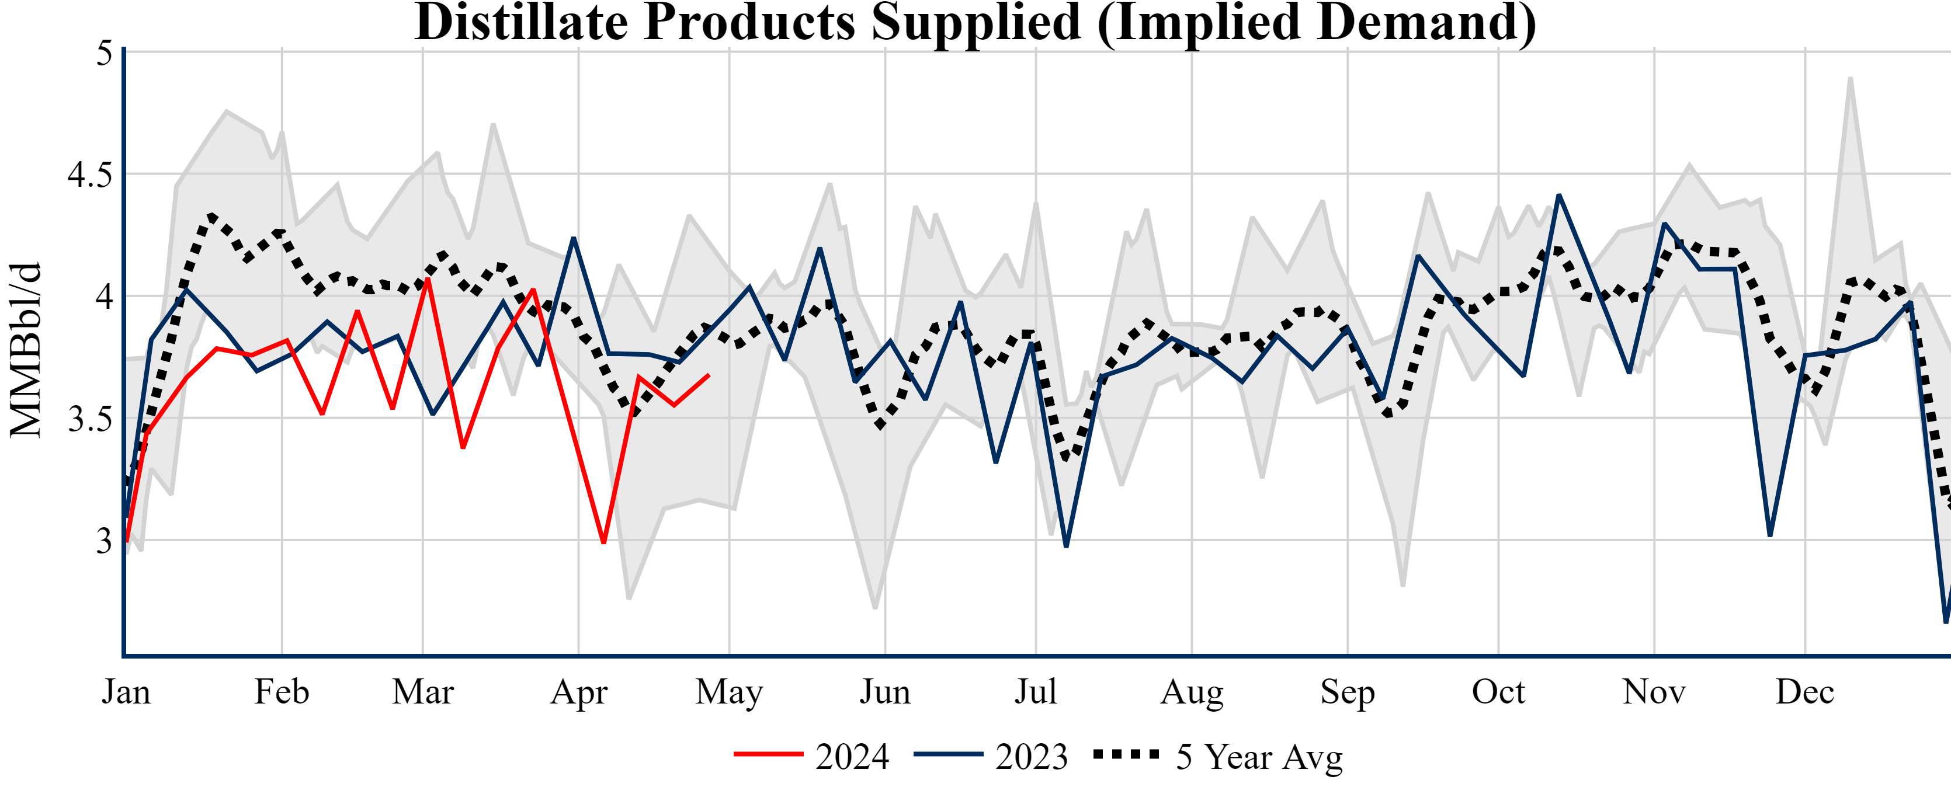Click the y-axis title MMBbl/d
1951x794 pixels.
pyautogui.click(x=26, y=350)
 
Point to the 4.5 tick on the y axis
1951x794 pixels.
pyautogui.click(x=89, y=175)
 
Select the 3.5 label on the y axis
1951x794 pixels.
pyautogui.click(x=89, y=419)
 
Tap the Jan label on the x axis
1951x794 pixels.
pyautogui.click(x=126, y=692)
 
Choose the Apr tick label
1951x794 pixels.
pyautogui.click(x=579, y=692)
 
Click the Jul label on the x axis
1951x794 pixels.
pyautogui.click(x=1035, y=692)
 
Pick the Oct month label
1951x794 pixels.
pyautogui.click(x=1498, y=692)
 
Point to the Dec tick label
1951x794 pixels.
pyautogui.click(x=1805, y=692)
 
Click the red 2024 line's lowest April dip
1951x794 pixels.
pyautogui.click(x=603, y=542)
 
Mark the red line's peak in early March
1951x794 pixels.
pyautogui.click(x=429, y=278)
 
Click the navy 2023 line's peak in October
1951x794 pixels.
pyautogui.click(x=1558, y=196)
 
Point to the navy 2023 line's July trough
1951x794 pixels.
pyautogui.click(x=1067, y=545)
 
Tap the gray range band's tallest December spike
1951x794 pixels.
pyautogui.click(x=1851, y=79)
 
